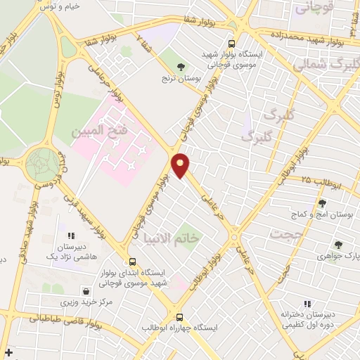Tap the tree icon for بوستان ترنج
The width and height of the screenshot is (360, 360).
click(x=181, y=67)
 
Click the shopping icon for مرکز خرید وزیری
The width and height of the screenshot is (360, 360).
click(x=86, y=290)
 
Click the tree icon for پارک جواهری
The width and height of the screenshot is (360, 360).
click(x=338, y=245)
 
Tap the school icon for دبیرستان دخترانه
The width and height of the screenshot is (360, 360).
click(x=307, y=304)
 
